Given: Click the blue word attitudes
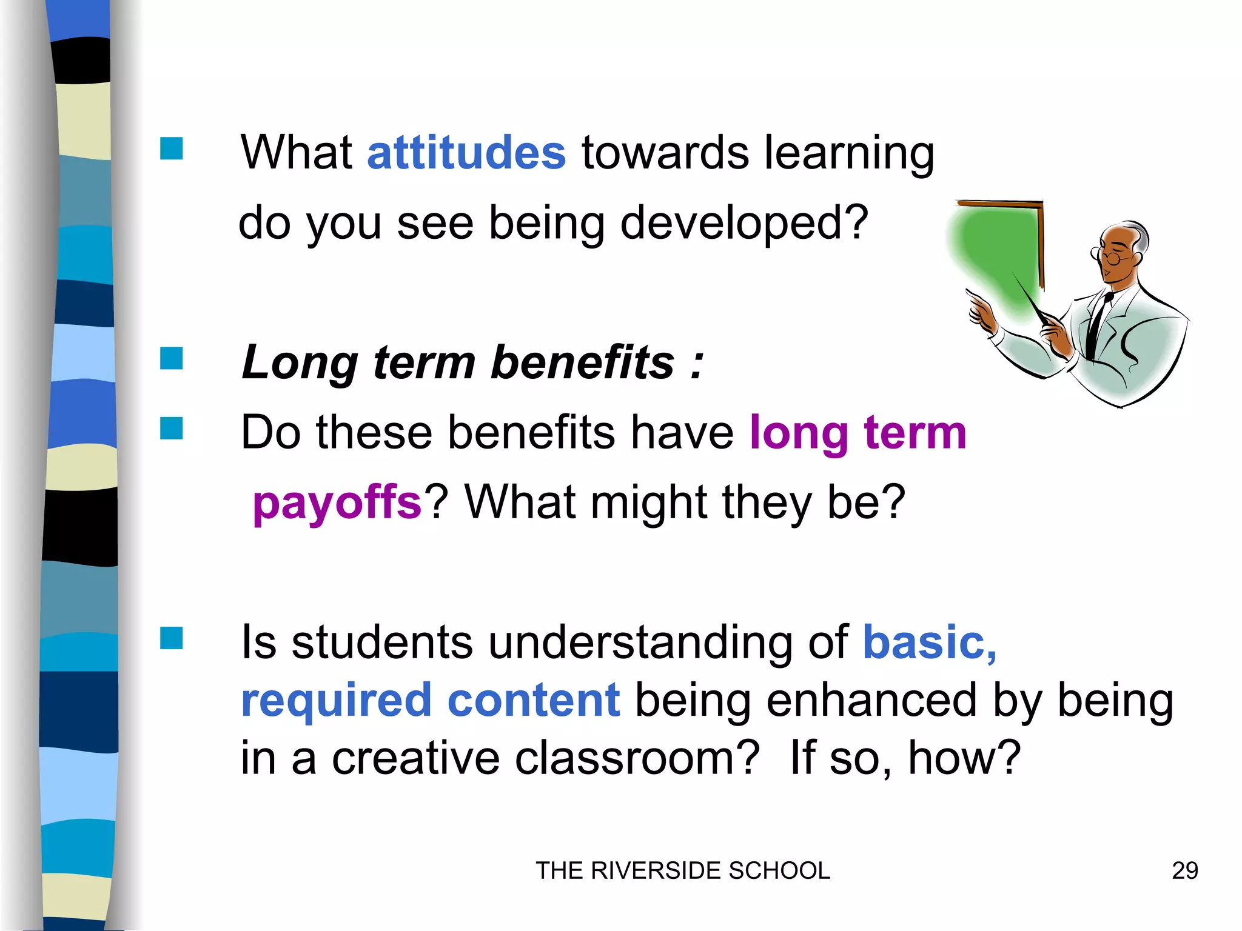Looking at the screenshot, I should click(466, 153).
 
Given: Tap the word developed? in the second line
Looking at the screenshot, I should click(744, 223).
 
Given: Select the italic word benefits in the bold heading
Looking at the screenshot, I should click(582, 362).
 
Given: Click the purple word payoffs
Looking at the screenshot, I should click(337, 503).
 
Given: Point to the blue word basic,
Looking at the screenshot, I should click(929, 642).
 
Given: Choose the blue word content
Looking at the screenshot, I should click(534, 700).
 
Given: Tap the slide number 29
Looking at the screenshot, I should click(1184, 871).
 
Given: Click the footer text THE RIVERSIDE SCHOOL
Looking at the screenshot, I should click(683, 871).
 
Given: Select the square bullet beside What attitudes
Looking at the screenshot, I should click(172, 148).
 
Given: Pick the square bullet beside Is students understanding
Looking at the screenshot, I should click(172, 638).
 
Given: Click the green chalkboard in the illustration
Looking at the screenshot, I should click(995, 255).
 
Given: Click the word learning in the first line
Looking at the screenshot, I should click(849, 153).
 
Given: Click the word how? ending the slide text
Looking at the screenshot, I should click(964, 758).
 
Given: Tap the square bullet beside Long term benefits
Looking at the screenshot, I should click(172, 358).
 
